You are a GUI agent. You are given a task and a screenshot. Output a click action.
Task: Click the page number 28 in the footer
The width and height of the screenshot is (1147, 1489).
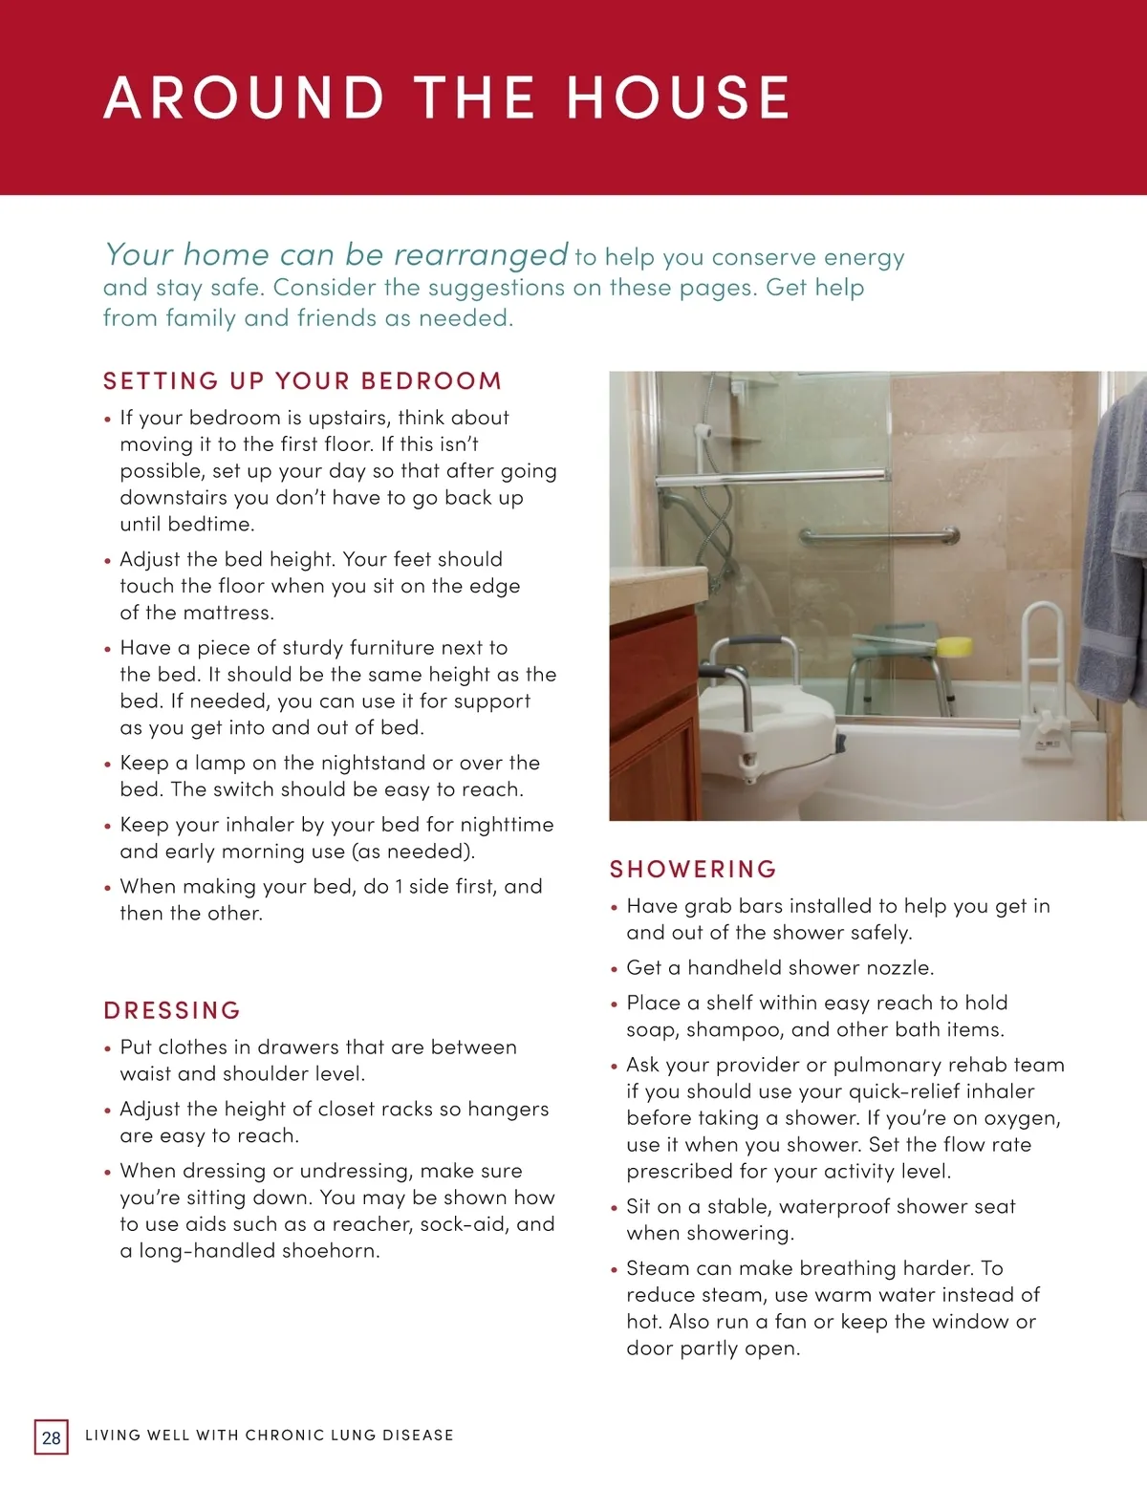(52, 1437)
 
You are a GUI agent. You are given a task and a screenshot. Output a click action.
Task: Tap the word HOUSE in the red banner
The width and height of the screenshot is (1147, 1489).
(678, 97)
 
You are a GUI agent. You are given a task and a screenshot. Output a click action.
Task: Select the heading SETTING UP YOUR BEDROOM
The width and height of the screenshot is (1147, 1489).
(302, 381)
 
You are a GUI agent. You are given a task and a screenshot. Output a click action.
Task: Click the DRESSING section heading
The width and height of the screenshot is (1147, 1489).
(172, 1011)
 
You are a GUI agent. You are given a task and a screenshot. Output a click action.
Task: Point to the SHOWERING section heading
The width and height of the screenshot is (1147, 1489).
(694, 870)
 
